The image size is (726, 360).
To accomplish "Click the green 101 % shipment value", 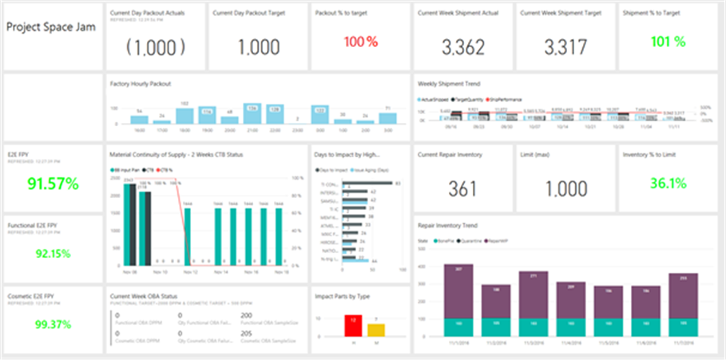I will [x=668, y=42].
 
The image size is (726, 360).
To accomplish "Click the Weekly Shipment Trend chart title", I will [x=450, y=82].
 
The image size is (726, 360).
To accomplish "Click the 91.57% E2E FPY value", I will [x=54, y=184].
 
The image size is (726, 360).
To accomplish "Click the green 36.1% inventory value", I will [x=668, y=184].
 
